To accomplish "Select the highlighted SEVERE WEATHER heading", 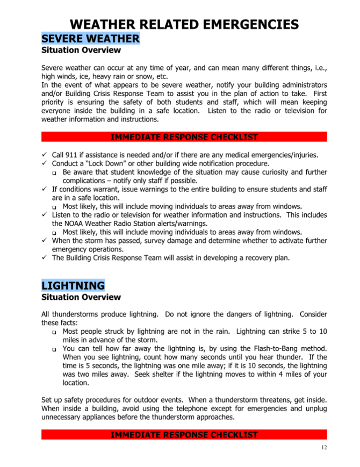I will pos(90,39).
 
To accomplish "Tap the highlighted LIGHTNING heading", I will pos(73,285).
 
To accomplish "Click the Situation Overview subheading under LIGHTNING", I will pos(81,297).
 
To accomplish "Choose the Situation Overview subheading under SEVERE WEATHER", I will pos(81,51).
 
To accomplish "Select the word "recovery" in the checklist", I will pos(254,258).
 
